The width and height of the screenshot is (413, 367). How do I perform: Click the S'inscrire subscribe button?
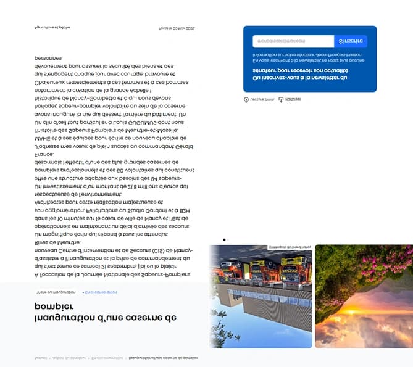(x=350, y=41)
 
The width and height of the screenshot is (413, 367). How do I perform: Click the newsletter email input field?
(x=293, y=41)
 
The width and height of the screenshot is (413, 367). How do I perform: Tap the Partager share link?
(x=290, y=99)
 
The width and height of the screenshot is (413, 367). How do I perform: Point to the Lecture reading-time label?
(x=256, y=99)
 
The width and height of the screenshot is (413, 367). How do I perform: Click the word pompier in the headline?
(x=54, y=307)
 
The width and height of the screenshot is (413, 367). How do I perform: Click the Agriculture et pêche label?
(x=52, y=27)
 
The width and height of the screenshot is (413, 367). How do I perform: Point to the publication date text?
(x=177, y=28)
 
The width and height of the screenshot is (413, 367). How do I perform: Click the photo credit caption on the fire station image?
(x=290, y=247)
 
